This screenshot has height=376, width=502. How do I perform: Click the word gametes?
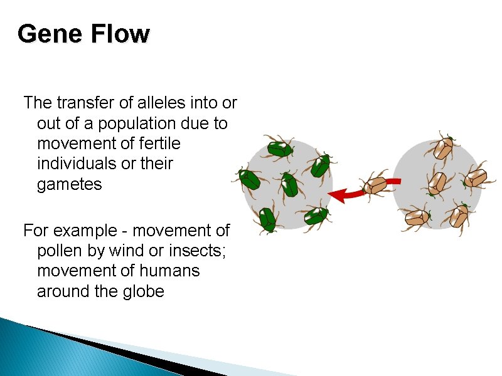pyautogui.click(x=69, y=185)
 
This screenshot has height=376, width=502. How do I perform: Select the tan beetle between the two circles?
pyautogui.click(x=375, y=185)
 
